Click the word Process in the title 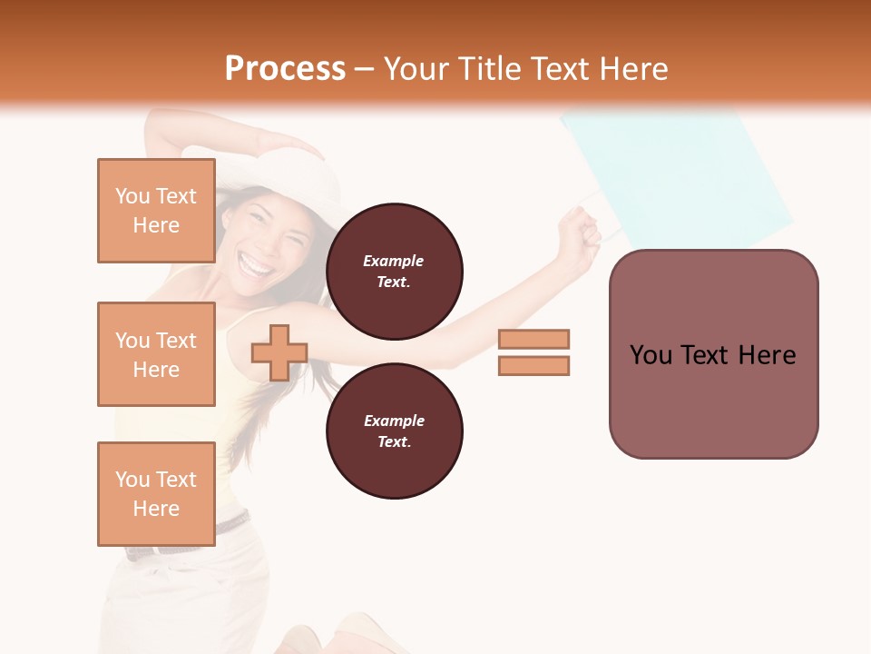click(x=285, y=69)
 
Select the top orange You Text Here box click(x=156, y=211)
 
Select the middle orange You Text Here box click(x=156, y=354)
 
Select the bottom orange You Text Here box click(x=156, y=493)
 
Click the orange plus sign click(x=279, y=352)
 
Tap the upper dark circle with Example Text click(x=394, y=272)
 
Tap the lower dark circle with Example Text click(x=394, y=431)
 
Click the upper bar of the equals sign click(x=533, y=339)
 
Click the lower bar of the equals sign click(x=533, y=365)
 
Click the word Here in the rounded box click(x=767, y=355)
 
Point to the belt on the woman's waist click(x=233, y=524)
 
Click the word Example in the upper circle click(x=394, y=261)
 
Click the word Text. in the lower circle click(x=394, y=442)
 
